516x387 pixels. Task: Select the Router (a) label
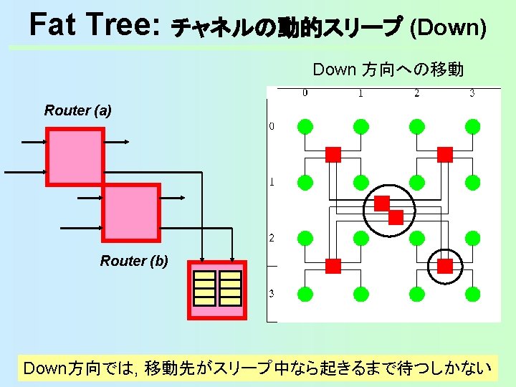[78, 110]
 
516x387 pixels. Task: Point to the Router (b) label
[134, 261]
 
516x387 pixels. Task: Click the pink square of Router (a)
[75, 156]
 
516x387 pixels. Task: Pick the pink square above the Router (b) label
[130, 211]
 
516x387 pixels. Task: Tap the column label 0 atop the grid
[305, 92]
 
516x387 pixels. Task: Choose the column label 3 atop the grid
[472, 92]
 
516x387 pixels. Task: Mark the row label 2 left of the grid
[272, 238]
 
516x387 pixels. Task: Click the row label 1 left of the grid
[272, 182]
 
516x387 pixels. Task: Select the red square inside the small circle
[445, 267]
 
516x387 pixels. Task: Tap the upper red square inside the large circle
[382, 203]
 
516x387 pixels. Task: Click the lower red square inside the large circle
[396, 216]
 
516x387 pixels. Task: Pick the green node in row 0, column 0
[305, 127]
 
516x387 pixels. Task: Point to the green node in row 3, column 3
[472, 294]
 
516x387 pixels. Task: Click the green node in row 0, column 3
[472, 127]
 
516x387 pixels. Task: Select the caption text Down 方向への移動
[388, 70]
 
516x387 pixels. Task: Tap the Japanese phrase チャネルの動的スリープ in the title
[287, 29]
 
